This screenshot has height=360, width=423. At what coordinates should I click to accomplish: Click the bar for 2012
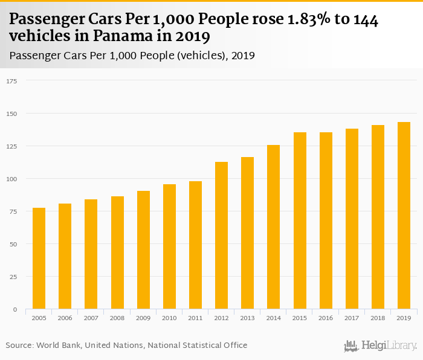(x=221, y=236)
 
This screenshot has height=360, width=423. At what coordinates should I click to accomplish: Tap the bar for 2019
(x=404, y=216)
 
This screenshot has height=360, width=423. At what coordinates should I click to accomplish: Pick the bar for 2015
(x=300, y=220)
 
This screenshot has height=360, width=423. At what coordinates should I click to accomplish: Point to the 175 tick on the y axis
(x=12, y=81)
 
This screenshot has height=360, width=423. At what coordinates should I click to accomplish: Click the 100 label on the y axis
(x=12, y=179)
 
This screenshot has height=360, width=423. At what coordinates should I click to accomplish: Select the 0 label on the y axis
(x=15, y=309)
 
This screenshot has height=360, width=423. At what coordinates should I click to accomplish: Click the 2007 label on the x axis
(x=91, y=318)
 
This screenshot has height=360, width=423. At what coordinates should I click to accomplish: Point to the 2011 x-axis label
(x=195, y=318)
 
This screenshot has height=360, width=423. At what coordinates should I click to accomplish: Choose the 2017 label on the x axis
(x=352, y=318)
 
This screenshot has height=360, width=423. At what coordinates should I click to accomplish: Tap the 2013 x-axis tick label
(x=247, y=318)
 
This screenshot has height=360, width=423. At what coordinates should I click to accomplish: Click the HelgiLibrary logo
(x=380, y=346)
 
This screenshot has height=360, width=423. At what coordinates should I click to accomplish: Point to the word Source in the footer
(x=19, y=346)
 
